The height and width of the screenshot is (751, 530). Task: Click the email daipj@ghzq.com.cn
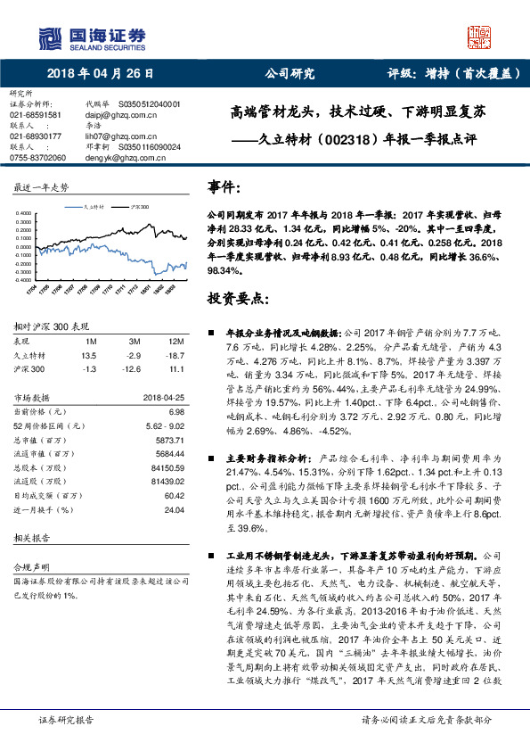(117, 115)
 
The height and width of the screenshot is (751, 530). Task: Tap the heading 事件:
(224, 188)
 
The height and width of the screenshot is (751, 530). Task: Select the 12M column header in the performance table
(175, 342)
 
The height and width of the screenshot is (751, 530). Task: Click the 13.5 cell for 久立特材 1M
(88, 354)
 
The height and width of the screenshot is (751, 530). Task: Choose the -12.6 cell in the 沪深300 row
(135, 367)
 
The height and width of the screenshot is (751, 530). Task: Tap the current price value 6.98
(176, 412)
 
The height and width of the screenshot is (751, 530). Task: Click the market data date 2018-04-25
(163, 399)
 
